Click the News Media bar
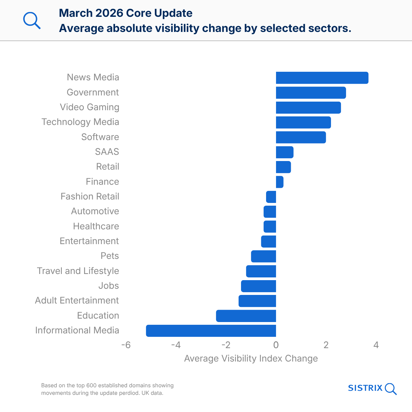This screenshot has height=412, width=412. coord(322,78)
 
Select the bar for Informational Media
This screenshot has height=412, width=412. coord(211,331)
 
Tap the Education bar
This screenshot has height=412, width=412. coord(246,316)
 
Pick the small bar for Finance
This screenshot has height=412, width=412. coord(279,182)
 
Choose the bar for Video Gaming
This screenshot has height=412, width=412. coord(308,107)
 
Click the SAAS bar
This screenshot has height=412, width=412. coord(285,152)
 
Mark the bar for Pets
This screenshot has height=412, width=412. coord(263,256)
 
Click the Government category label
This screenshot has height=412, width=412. coord(93,92)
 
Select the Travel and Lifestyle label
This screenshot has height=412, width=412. coord(78,271)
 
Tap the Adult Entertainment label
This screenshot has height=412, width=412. coord(77,300)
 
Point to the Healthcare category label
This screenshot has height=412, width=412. coord(96,226)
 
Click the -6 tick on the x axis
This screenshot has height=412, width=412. coord(126,345)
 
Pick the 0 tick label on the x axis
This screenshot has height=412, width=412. coord(276,345)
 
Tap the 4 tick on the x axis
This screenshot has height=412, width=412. coord(376,345)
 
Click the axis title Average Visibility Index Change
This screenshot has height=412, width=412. coord(251,358)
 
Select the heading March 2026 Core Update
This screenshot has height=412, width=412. coord(126,13)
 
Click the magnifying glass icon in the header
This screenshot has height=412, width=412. coord(32,21)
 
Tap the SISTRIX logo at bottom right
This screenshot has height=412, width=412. coord(372,388)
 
